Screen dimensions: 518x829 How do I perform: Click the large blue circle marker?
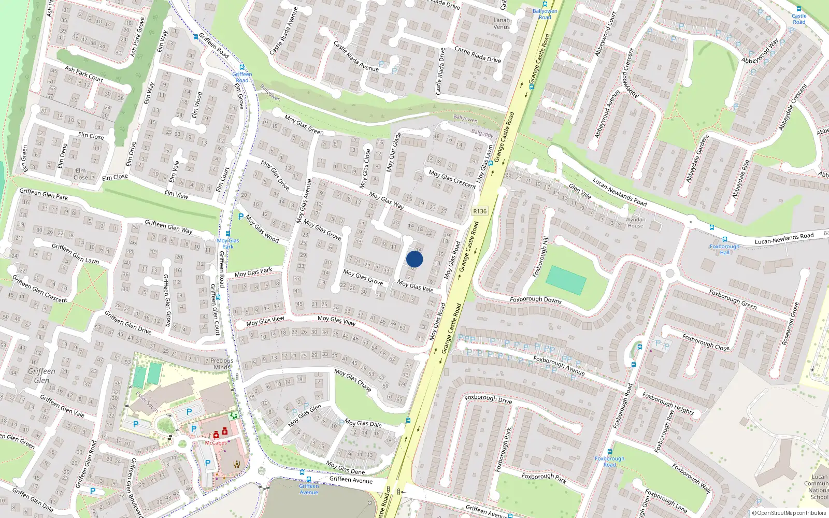[414, 259]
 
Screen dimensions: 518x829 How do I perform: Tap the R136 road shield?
[480, 211]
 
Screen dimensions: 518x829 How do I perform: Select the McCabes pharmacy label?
[216, 442]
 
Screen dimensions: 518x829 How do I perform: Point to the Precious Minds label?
[222, 364]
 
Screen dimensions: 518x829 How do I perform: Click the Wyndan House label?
[635, 222]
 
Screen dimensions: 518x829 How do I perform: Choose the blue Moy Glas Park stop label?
[227, 243]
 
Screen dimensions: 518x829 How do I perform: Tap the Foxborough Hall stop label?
[724, 249]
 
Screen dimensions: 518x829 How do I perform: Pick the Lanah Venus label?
[502, 23]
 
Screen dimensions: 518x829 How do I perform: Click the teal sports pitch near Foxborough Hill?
[566, 280]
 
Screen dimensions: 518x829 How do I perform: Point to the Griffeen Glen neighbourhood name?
[41, 376]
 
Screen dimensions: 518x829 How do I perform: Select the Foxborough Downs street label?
[536, 299]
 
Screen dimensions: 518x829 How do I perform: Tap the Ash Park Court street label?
[84, 74]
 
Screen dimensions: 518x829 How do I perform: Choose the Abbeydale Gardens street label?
[697, 158]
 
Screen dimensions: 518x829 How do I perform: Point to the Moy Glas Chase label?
[353, 380]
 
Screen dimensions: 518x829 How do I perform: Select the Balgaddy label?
[482, 133]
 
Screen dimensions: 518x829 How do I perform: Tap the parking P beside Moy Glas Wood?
[240, 217]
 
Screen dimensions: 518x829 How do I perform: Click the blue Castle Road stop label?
[799, 19]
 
